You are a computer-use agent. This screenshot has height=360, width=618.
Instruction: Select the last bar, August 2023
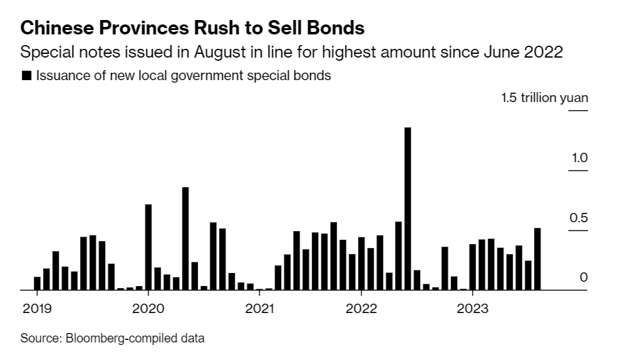(x=537, y=259)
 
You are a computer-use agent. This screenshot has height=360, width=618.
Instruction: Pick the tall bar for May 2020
(x=185, y=239)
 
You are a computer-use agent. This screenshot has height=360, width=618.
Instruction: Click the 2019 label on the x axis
(x=36, y=308)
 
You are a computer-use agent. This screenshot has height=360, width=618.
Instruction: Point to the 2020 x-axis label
(x=148, y=308)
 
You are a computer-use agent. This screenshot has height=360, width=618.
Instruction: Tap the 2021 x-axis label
(x=259, y=308)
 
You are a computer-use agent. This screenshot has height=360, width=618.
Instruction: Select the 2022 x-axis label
(x=361, y=308)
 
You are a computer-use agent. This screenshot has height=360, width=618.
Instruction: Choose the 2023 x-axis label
(x=472, y=308)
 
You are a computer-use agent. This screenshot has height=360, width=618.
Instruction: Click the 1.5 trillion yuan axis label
(x=544, y=98)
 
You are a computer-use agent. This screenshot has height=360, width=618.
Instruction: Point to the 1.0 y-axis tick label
(x=579, y=158)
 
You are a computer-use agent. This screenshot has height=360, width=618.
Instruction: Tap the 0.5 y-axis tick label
(x=579, y=218)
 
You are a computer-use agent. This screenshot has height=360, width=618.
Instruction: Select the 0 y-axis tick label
(x=584, y=277)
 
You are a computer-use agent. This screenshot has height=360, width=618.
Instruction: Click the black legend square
(x=26, y=76)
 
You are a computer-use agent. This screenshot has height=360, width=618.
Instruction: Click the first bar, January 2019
(x=37, y=284)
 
